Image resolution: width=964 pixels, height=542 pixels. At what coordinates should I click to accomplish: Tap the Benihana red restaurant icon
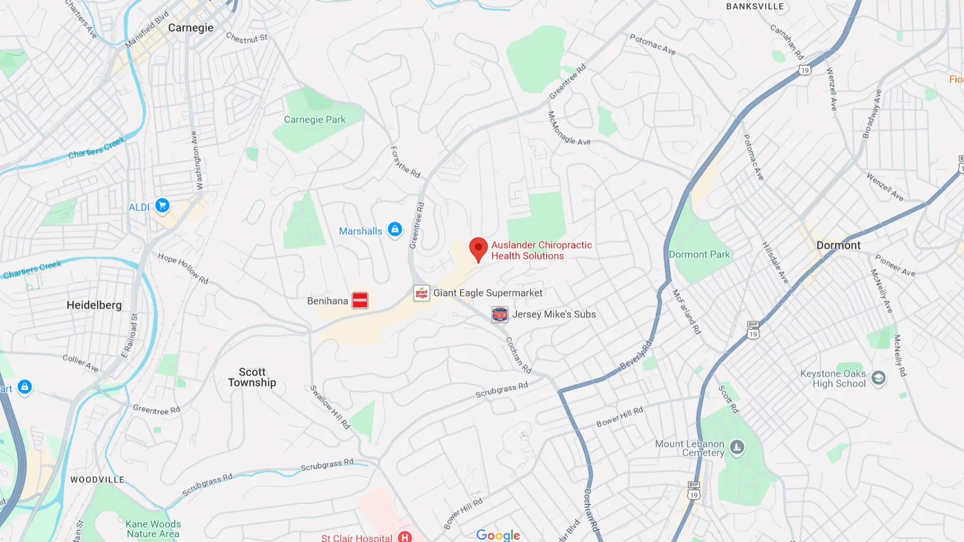point(360,300)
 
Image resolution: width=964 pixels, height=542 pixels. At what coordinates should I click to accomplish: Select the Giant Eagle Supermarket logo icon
point(421,293)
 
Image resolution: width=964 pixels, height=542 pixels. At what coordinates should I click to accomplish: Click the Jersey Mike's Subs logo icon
point(500,315)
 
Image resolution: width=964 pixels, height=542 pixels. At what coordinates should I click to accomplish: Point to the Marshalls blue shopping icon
point(395,230)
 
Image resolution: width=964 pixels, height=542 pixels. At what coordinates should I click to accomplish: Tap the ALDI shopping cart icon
point(162,206)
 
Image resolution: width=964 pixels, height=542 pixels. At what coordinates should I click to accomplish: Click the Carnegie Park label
point(314,119)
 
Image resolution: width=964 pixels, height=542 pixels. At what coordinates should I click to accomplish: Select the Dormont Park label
point(699,254)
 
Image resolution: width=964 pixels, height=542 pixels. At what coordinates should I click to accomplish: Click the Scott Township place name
point(252,377)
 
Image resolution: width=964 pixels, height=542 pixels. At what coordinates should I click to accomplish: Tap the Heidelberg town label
point(94,305)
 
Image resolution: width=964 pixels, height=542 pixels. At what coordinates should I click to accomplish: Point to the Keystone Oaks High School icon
point(878,377)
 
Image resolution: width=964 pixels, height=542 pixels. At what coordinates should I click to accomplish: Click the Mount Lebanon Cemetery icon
point(737,446)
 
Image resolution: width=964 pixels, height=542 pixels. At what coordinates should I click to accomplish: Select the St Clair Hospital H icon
point(405,536)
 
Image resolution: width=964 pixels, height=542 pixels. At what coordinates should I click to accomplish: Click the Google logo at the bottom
point(498,535)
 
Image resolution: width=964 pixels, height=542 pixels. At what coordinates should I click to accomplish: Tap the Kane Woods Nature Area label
point(153,529)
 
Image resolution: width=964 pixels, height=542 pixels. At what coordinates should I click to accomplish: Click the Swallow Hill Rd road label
point(329,407)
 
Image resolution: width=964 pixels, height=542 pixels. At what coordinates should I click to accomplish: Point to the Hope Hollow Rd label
point(183,268)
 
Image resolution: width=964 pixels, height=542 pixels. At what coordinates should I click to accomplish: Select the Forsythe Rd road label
point(405,162)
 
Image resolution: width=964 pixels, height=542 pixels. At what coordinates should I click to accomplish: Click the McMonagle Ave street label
point(568,129)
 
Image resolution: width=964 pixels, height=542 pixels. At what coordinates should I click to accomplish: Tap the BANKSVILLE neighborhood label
point(755,7)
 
